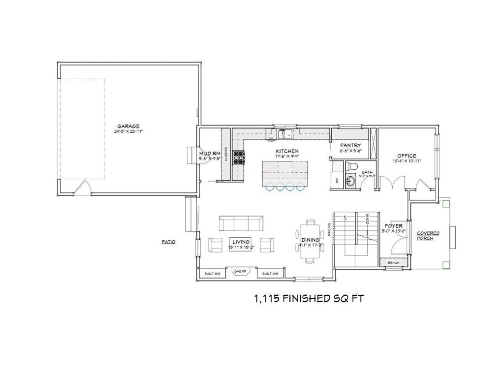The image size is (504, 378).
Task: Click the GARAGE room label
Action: click(x=128, y=126)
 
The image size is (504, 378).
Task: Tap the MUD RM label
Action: click(x=209, y=153)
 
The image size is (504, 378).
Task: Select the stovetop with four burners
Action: click(x=239, y=157)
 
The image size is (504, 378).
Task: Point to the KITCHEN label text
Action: click(x=287, y=151)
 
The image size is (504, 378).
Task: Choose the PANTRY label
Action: click(x=350, y=145)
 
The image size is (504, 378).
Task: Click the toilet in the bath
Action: click(x=350, y=165)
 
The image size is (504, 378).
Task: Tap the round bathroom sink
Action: click(x=350, y=181)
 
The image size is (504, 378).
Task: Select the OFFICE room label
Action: click(x=407, y=156)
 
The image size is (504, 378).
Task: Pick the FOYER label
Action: click(x=394, y=226)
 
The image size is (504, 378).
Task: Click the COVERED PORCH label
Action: click(x=428, y=235)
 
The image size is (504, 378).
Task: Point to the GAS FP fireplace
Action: click(x=241, y=272)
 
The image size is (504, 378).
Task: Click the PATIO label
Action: click(x=168, y=242)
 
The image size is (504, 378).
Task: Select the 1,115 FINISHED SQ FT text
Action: click(x=309, y=298)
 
